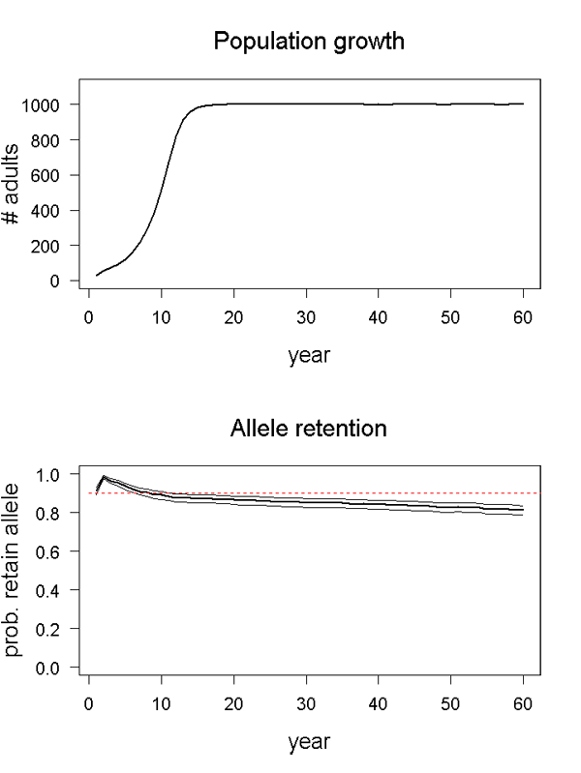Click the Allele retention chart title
[x=309, y=428]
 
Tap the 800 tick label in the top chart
[x=53, y=140]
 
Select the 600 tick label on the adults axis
[x=53, y=175]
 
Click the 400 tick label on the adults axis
[x=53, y=211]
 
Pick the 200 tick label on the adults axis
[x=53, y=246]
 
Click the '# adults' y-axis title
[x=16, y=193]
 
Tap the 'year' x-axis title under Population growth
[x=309, y=355]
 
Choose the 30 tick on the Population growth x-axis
[x=306, y=314]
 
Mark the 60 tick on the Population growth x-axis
[x=523, y=314]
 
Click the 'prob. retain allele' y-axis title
[x=16, y=571]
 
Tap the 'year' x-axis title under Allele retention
[x=309, y=742]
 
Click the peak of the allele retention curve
[x=104, y=476]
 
